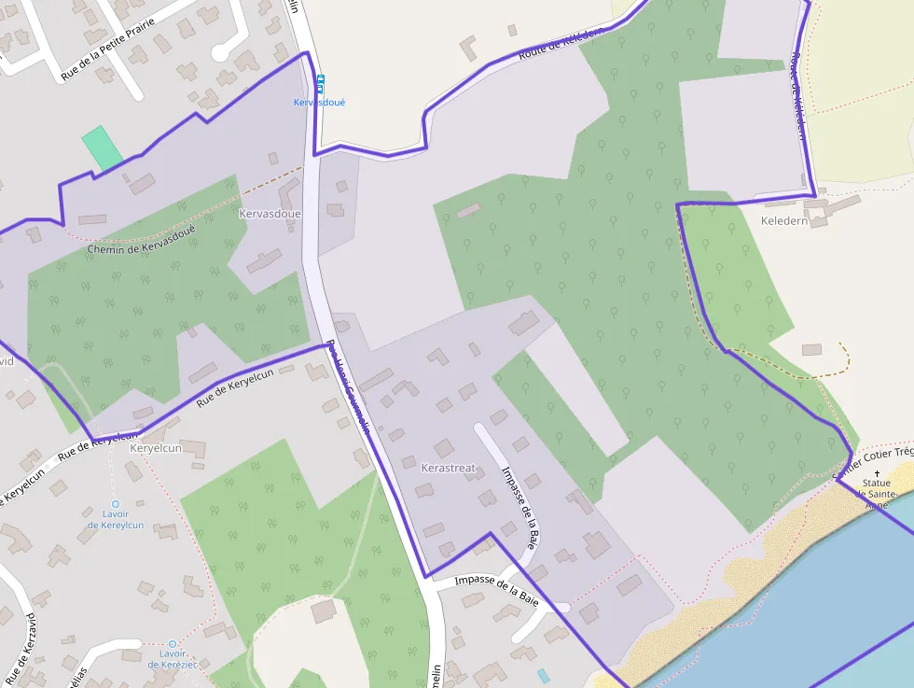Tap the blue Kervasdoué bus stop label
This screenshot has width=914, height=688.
coord(319,103)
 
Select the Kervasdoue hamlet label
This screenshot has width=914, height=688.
coord(270,214)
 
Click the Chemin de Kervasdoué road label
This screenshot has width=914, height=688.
coord(141,239)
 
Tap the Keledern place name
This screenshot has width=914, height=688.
coord(783,221)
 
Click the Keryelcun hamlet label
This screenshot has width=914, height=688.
coord(155,449)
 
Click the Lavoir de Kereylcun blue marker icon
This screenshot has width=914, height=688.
coord(116,503)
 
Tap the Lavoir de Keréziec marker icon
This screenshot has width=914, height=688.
coord(173,643)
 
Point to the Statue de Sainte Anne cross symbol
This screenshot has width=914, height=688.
coord(877,474)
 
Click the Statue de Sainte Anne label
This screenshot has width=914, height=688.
coord(877,494)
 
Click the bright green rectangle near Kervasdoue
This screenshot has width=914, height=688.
coord(102,148)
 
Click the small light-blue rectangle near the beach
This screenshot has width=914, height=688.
coord(543,674)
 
